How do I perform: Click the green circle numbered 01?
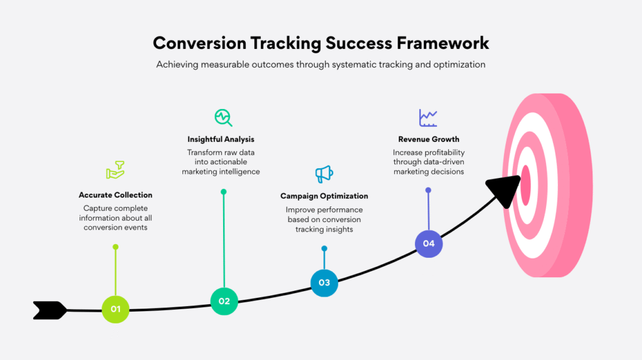[115, 309]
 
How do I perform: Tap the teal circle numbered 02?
[224, 301]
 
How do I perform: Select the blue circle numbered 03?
[324, 282]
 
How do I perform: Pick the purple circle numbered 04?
[429, 243]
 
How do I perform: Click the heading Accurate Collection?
[115, 195]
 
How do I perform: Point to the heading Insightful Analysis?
[221, 139]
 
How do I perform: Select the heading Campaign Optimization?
[324, 196]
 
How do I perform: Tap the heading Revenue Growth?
[429, 139]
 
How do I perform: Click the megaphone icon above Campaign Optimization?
[324, 174]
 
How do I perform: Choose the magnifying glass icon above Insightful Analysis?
[223, 117]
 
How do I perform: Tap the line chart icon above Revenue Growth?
[428, 117]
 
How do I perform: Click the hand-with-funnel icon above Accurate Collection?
[115, 170]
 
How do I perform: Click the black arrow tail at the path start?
[50, 310]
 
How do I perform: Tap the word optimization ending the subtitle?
[459, 64]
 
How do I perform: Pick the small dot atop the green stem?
[115, 247]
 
